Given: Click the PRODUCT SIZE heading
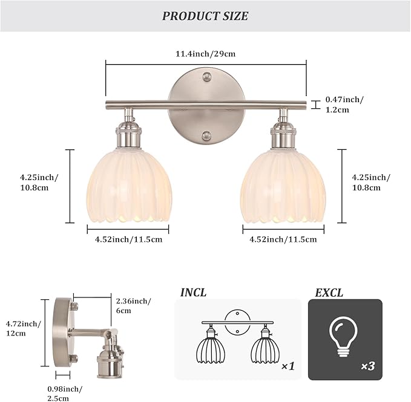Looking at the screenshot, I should [205, 16].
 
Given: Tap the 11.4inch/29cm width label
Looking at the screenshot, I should [205, 54].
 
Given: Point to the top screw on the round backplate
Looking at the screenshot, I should [207, 77].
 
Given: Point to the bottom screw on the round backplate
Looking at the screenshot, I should [207, 136].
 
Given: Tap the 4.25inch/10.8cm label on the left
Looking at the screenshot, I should [39, 182].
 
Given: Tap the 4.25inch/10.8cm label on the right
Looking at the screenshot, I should [371, 182].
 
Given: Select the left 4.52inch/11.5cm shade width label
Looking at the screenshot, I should [128, 239].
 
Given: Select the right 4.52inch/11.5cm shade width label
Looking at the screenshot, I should [283, 239].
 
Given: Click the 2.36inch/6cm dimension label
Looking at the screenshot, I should [133, 306].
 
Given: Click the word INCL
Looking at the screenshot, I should [193, 293].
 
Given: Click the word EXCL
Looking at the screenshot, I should [329, 293].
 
